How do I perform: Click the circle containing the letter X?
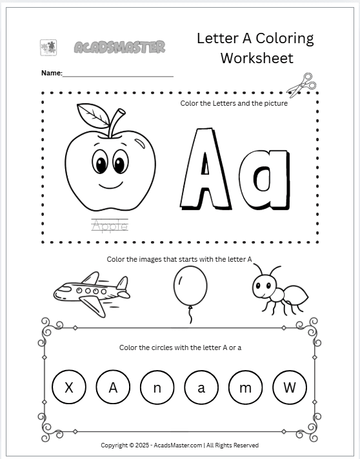tap(69, 388)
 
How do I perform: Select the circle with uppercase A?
tap(113, 388)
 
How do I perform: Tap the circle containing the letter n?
tap(157, 388)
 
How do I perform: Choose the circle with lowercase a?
tap(201, 388)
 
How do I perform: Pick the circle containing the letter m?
tap(246, 388)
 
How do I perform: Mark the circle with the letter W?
tap(290, 388)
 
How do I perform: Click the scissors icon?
tap(301, 83)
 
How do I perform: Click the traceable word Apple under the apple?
tap(110, 225)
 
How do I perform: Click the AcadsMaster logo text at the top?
tap(119, 47)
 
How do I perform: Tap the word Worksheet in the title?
tap(256, 58)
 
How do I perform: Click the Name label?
tap(51, 73)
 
